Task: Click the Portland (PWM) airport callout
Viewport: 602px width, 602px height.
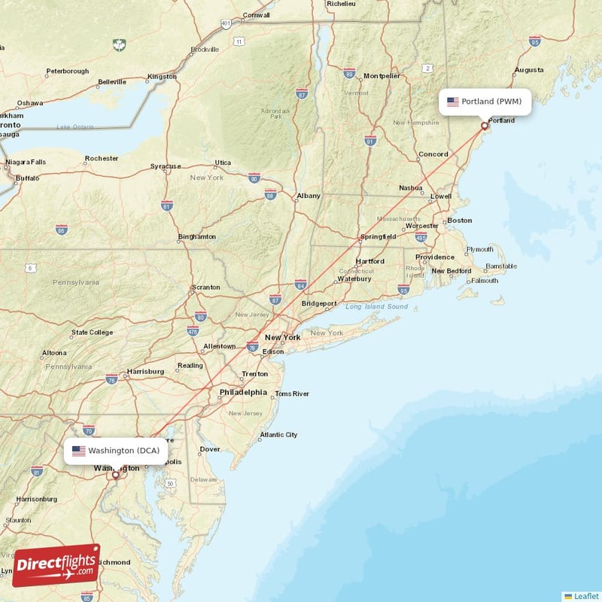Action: (x=486, y=102)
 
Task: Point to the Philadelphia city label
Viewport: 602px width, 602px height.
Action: (x=243, y=392)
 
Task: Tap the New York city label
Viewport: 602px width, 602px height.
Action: (x=282, y=337)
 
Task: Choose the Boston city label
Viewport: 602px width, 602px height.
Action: (x=459, y=220)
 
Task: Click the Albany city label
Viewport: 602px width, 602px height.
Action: (x=309, y=196)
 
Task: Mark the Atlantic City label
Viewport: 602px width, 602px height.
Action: (x=278, y=434)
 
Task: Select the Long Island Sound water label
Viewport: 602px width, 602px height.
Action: (x=376, y=307)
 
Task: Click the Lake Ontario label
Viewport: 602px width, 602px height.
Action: (x=74, y=126)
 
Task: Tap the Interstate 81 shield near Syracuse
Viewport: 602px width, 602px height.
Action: (x=167, y=205)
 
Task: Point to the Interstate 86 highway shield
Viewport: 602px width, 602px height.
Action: (x=61, y=230)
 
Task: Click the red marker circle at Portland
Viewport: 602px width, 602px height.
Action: (x=485, y=126)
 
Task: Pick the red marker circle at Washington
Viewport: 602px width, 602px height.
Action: (x=115, y=475)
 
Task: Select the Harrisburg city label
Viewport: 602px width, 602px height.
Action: (x=146, y=371)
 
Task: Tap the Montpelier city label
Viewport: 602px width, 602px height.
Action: (x=382, y=76)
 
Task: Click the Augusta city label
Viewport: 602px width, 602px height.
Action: (x=528, y=70)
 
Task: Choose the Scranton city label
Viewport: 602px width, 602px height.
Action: (x=205, y=287)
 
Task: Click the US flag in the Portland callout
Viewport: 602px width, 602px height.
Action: (x=452, y=102)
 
